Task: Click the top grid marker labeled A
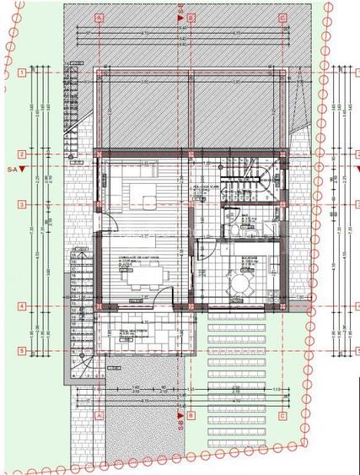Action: [x=99, y=17]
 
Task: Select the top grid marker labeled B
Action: [x=191, y=17]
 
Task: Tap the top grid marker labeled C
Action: [x=282, y=17]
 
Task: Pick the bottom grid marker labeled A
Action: [x=99, y=415]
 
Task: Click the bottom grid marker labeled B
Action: [x=191, y=415]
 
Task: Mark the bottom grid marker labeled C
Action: [x=282, y=415]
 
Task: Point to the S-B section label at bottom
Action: [x=180, y=427]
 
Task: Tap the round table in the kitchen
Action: [x=241, y=283]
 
